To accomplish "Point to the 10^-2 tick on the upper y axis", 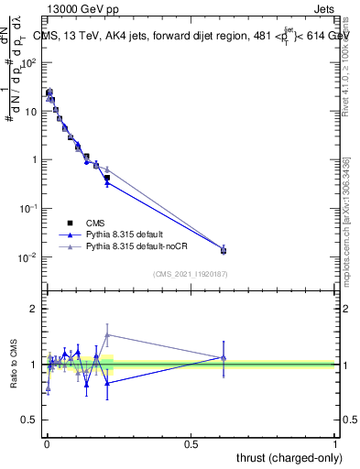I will tap(29, 256).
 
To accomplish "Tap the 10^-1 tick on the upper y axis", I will tap(29, 208).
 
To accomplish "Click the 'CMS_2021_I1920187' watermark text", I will tap(191, 274).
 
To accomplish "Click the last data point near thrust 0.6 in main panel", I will tap(224, 249).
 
